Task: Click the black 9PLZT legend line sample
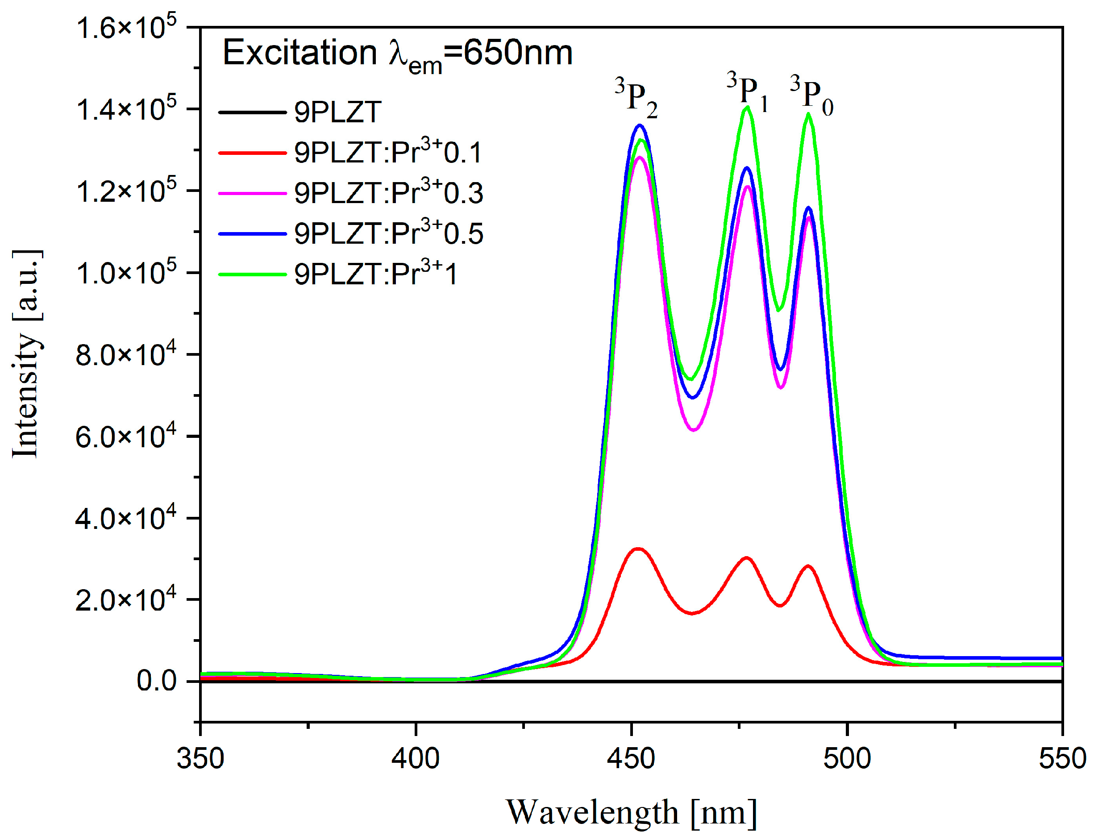[252, 112]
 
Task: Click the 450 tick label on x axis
[631, 758]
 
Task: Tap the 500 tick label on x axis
[847, 758]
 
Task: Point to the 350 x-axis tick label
[200, 758]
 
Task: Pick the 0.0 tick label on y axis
[156, 681]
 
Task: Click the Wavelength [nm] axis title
[631, 812]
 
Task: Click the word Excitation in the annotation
[299, 53]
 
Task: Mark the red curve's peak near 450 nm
[637, 549]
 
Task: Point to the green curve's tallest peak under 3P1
[747, 107]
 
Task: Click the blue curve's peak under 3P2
[640, 125]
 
